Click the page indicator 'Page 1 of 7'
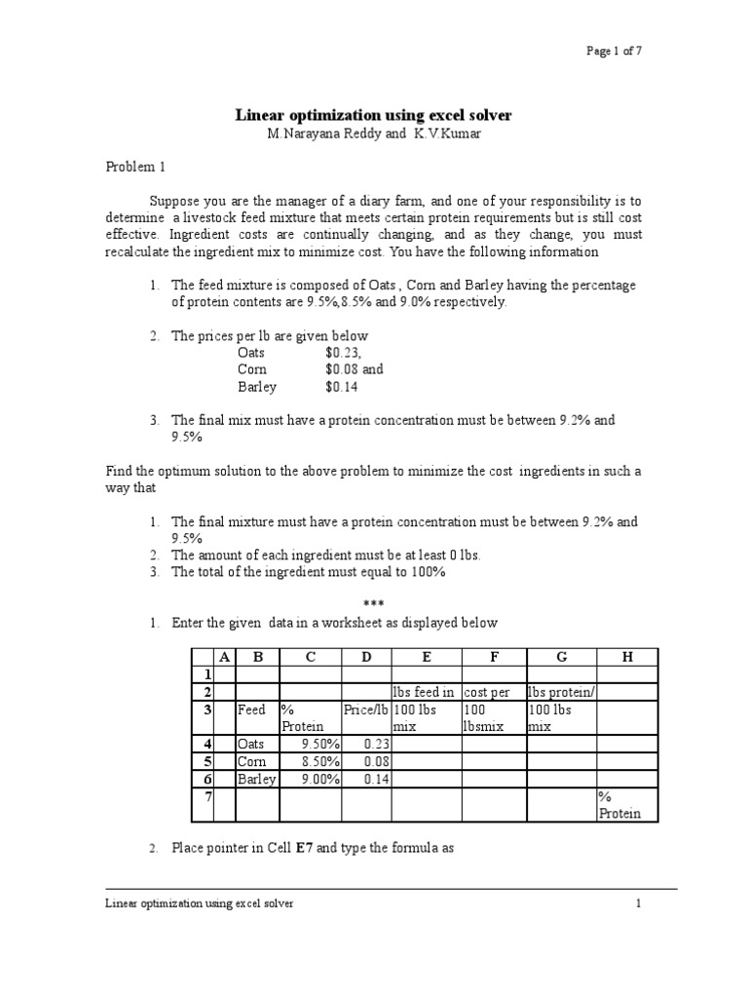(613, 52)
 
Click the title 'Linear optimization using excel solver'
(374, 115)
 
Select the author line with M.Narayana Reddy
(374, 134)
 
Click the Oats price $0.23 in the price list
(343, 353)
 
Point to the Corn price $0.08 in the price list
(342, 369)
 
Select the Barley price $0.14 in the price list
(342, 387)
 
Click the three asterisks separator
(374, 605)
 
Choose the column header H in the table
(626, 657)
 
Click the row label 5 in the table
(206, 761)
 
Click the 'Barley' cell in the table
(257, 779)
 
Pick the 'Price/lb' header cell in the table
(365, 710)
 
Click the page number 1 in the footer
(639, 903)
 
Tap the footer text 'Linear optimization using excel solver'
(199, 903)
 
